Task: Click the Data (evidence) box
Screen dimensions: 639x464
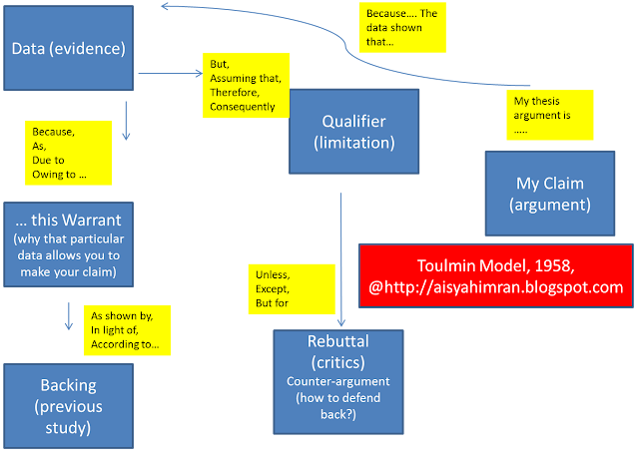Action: (69, 48)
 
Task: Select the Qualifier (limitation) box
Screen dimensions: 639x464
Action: (353, 132)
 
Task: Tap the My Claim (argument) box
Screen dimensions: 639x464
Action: (550, 194)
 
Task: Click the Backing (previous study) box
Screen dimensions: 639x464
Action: (69, 406)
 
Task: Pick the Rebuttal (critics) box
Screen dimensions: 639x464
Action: (338, 382)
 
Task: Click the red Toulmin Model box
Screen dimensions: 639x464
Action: (496, 276)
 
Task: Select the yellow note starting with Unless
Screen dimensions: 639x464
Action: (292, 289)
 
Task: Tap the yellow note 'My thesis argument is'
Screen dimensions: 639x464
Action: (550, 115)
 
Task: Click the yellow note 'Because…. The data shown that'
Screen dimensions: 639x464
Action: (402, 27)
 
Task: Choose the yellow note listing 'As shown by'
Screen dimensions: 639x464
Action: (127, 330)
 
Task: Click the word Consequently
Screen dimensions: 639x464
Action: (243, 107)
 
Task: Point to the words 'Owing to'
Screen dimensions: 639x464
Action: (54, 175)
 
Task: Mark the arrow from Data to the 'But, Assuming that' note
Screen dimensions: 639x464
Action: (171, 73)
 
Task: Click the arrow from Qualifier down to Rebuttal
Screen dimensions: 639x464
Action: (341, 259)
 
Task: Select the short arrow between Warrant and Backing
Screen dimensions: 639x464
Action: (69, 316)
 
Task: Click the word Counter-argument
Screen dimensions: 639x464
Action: (338, 381)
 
